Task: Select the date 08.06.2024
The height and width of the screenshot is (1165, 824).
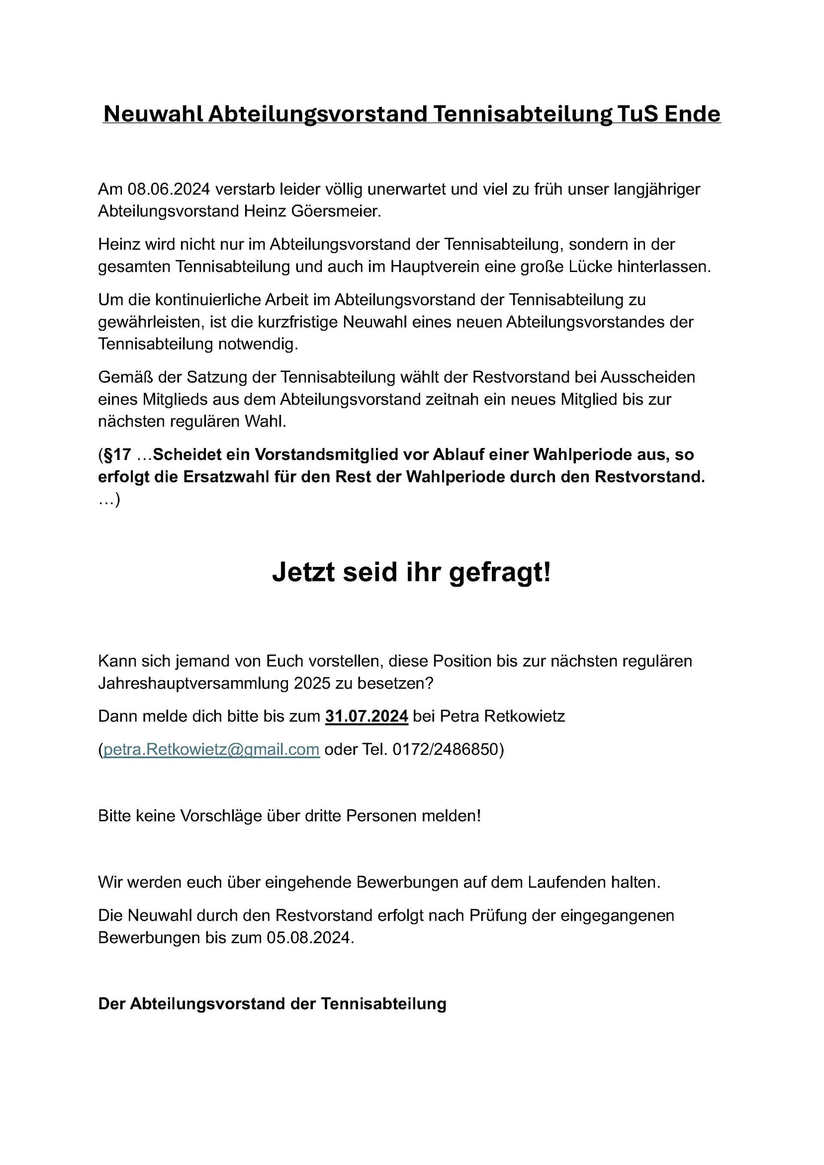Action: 169,189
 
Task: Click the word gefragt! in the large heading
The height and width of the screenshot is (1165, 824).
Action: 499,573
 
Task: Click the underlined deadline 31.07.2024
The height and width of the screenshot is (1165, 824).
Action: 367,717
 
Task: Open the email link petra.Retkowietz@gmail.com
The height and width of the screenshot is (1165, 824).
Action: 211,750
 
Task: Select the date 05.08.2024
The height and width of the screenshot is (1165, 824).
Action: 309,938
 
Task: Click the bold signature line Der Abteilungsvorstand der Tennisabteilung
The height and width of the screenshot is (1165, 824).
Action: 272,1004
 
